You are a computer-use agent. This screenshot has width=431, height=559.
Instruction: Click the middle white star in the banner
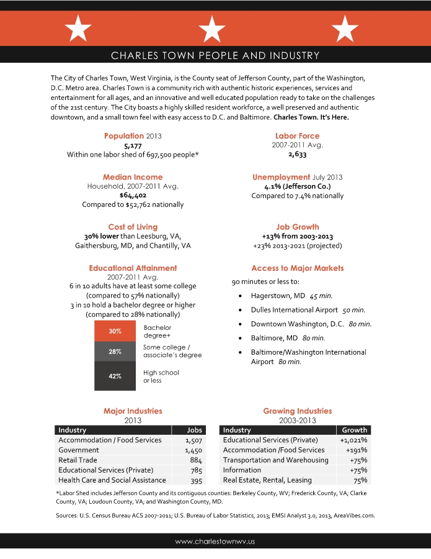coord(213,29)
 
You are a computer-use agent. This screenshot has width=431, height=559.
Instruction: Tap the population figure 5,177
coord(133,145)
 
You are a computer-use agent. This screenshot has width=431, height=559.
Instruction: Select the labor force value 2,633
coord(297,155)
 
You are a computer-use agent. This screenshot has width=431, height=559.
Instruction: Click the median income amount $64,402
coord(133,195)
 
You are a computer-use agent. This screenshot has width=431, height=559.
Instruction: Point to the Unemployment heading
coord(281,177)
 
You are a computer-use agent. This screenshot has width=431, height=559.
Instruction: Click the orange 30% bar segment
coord(115,331)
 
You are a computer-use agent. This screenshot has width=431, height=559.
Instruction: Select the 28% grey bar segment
coord(115,352)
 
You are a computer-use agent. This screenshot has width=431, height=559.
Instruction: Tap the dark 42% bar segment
coord(115,376)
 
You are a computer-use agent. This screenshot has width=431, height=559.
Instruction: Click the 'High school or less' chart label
coord(161,376)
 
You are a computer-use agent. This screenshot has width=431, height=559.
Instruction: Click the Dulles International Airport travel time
coord(353,310)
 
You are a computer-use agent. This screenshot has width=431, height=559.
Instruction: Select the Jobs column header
coord(195,430)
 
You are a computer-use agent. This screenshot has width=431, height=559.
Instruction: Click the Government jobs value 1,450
coord(194,450)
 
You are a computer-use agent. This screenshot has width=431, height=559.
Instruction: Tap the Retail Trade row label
coord(78,460)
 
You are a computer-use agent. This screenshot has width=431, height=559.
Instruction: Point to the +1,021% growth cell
coord(353,440)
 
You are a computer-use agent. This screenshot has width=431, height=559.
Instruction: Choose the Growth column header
coord(354,430)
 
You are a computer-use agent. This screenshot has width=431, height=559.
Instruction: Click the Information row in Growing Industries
coord(242,470)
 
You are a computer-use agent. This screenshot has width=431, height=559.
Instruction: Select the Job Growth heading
coord(298,227)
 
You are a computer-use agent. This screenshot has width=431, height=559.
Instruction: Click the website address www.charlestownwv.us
coord(215,542)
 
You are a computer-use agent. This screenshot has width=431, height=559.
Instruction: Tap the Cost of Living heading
coord(133,227)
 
